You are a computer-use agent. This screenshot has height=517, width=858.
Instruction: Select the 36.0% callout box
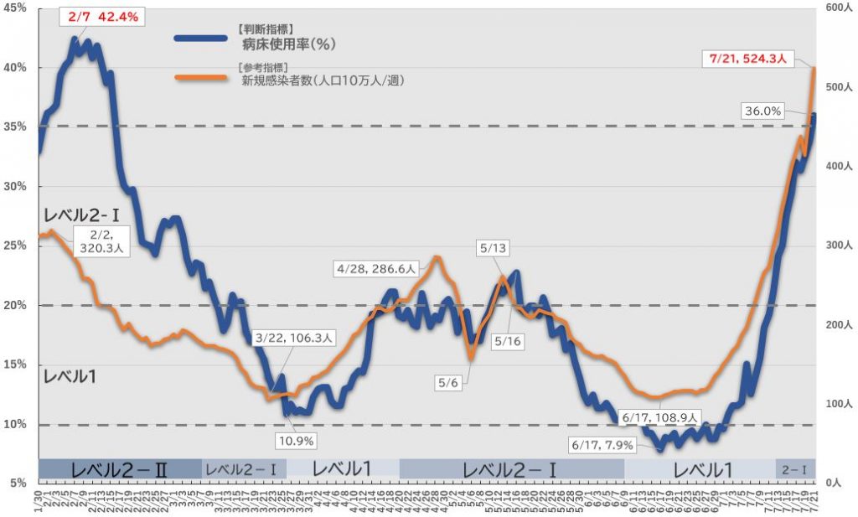761,111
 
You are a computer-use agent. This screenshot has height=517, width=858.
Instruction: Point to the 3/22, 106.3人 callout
294,339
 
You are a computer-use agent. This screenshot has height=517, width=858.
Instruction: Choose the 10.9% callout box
297,440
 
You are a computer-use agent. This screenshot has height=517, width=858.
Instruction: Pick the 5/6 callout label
448,383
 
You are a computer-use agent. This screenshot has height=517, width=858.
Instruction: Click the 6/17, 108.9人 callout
660,416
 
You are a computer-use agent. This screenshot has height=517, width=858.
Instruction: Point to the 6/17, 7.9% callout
601,445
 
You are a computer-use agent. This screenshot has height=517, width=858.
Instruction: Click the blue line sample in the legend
200,38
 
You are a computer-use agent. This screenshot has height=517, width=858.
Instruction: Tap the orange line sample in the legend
200,78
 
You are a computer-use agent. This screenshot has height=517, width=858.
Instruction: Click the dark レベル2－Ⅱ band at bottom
120,469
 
